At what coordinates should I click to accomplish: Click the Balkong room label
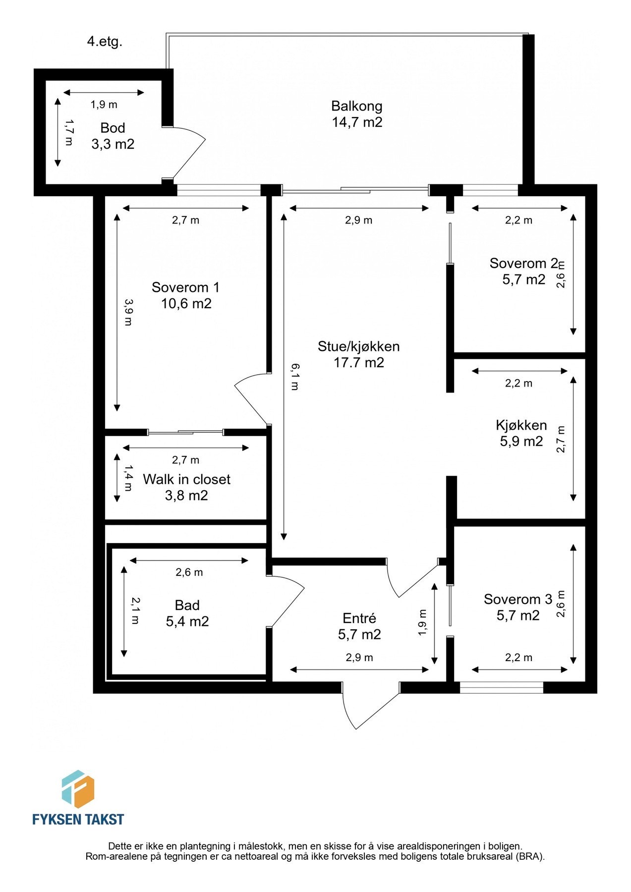point(356,106)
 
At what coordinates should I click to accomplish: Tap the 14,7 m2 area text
point(356,122)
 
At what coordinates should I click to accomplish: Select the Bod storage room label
point(113,128)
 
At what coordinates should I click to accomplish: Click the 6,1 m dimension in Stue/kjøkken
point(294,376)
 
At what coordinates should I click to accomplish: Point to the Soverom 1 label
point(185,287)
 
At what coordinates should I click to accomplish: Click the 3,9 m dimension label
point(128,312)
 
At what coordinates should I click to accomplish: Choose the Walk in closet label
point(186,479)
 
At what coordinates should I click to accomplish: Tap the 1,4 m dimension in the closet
point(128,478)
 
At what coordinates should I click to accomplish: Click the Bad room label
point(187,605)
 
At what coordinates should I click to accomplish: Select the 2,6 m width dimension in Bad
point(189,572)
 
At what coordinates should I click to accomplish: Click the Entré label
point(359,618)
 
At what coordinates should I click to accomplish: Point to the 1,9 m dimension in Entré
point(422,622)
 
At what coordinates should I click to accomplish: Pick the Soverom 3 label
point(517,599)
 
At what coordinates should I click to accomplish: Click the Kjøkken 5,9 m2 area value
point(521,441)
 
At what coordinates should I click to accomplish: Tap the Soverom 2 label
point(523,263)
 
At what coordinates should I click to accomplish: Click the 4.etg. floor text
point(105,42)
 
